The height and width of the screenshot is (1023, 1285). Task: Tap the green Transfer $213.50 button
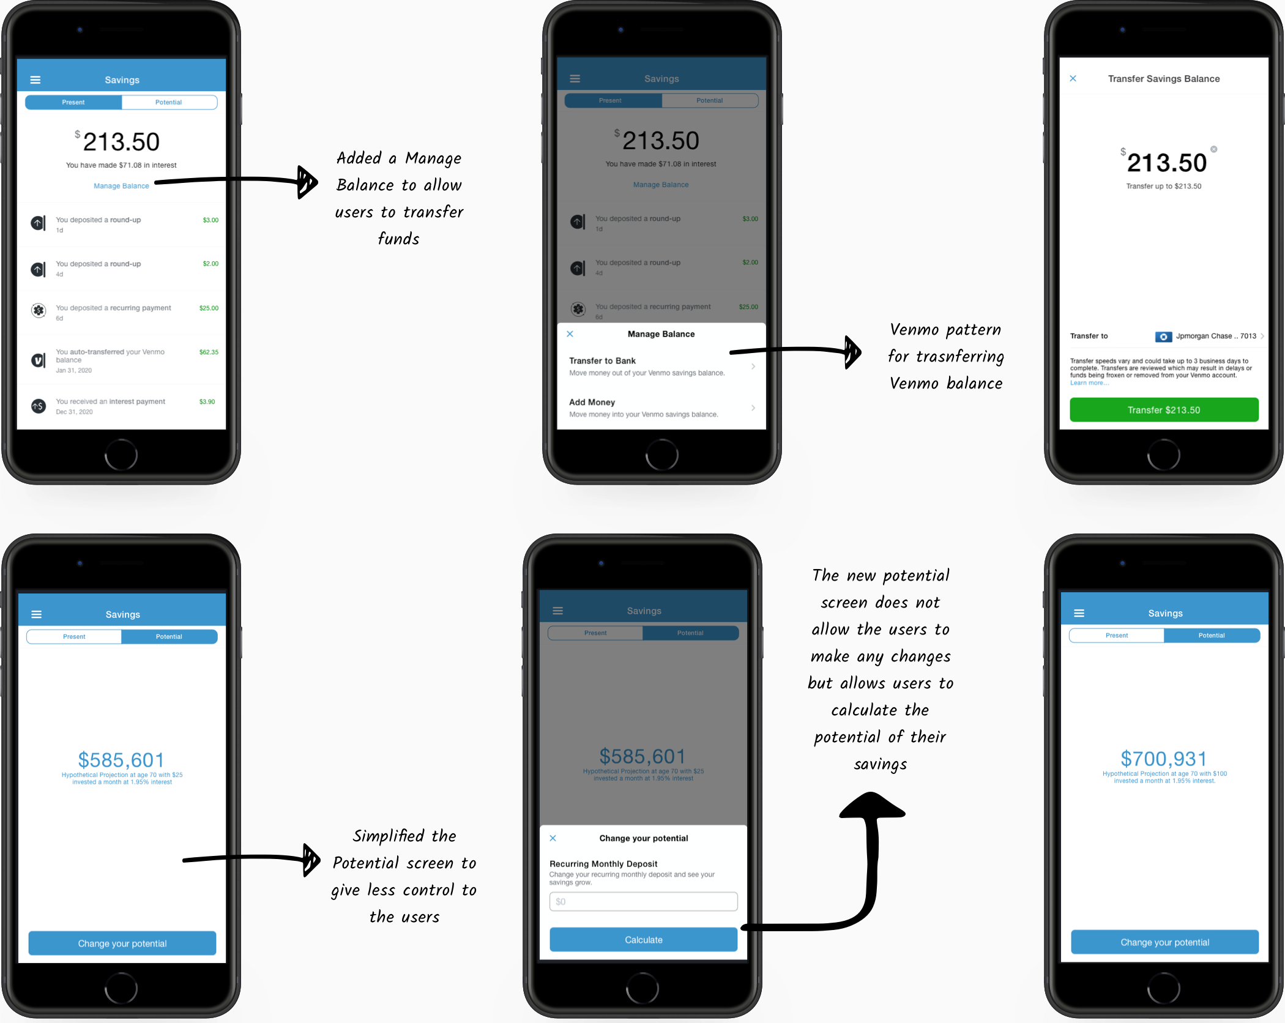click(x=1163, y=410)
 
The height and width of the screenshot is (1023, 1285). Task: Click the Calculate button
click(x=643, y=940)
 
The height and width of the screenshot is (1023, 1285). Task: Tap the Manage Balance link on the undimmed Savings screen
click(x=121, y=186)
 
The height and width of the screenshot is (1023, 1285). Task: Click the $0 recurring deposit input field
click(x=643, y=901)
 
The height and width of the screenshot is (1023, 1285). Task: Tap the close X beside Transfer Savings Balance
click(x=1073, y=78)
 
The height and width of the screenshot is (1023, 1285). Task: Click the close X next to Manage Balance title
click(x=570, y=334)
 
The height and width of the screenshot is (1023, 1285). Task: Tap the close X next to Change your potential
click(x=553, y=838)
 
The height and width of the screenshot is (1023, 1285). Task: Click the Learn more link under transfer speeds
click(x=1089, y=383)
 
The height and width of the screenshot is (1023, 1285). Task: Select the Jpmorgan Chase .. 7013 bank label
click(x=1215, y=336)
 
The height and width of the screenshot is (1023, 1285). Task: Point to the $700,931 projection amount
click(x=1163, y=759)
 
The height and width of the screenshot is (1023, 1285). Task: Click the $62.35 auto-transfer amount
click(x=209, y=352)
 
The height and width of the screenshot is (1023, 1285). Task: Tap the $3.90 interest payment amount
click(x=207, y=402)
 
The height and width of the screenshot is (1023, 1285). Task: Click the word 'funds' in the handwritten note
click(x=398, y=239)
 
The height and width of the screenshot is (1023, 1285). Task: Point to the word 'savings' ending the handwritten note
click(x=880, y=764)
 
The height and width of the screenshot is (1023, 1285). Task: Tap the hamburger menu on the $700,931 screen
click(x=1079, y=613)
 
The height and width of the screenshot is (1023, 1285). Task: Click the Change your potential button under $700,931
click(x=1164, y=942)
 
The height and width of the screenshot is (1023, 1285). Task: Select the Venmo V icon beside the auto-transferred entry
click(x=39, y=360)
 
